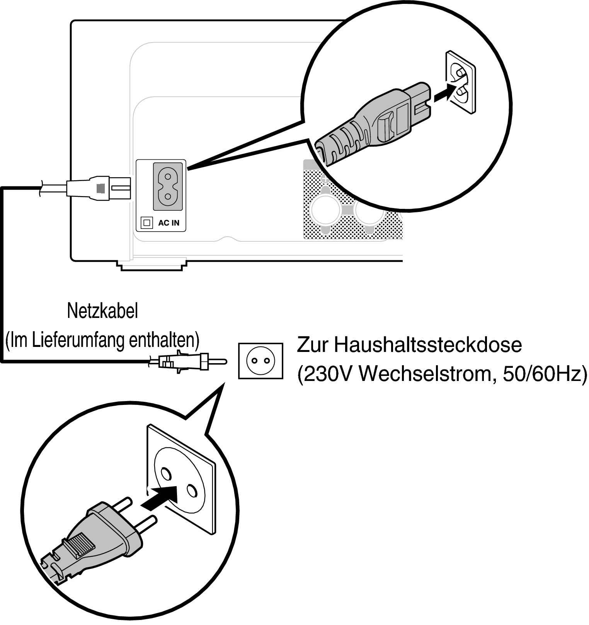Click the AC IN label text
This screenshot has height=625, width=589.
(169, 223)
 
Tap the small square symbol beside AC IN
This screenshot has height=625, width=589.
(147, 223)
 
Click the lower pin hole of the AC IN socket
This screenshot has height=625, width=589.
(167, 196)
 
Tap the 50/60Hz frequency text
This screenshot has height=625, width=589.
(545, 374)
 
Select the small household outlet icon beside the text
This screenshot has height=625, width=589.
(260, 361)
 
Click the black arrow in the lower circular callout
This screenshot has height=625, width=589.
(159, 496)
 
